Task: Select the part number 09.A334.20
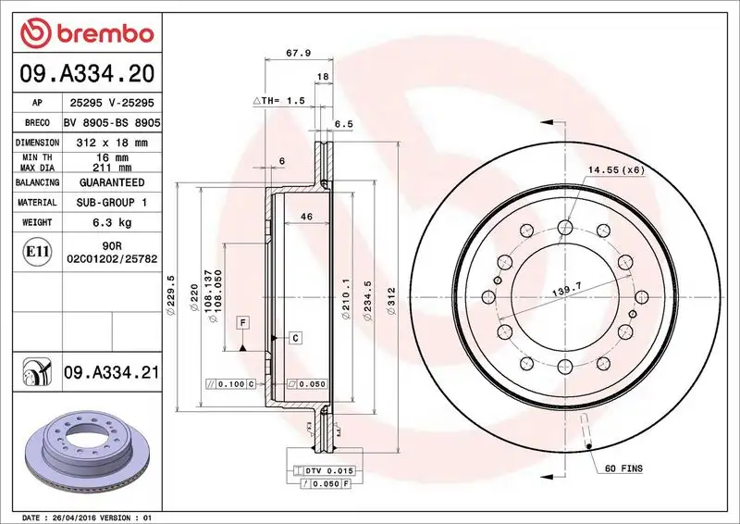tap(85, 69)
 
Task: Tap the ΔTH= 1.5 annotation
tap(279, 99)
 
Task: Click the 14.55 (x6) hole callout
tap(617, 170)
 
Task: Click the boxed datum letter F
tap(242, 322)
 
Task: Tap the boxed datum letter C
tap(294, 337)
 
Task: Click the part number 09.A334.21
tap(111, 372)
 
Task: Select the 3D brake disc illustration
tap(83, 450)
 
